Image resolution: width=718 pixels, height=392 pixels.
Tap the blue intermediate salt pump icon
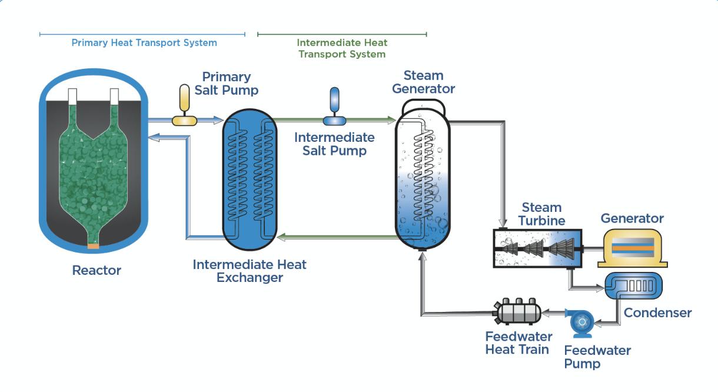tap(334, 107)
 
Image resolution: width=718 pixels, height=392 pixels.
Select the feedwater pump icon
tap(581, 323)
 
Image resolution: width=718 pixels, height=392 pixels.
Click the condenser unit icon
tap(633, 285)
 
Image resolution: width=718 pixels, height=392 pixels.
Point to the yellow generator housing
tap(633, 248)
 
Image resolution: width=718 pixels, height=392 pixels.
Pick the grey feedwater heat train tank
tap(517, 311)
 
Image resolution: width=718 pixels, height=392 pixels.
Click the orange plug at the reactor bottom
tap(93, 246)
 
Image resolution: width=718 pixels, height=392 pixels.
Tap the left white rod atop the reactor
tap(72, 97)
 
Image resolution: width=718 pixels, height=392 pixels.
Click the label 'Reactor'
tap(97, 270)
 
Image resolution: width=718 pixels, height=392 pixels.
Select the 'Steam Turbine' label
tap(541, 214)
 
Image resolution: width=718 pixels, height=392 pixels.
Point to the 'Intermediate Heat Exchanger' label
tap(250, 271)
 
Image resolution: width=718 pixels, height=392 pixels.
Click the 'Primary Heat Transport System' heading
tap(144, 42)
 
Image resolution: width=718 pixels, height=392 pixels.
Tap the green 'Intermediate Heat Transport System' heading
tap(342, 48)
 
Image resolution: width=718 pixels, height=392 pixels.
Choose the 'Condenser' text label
tap(658, 313)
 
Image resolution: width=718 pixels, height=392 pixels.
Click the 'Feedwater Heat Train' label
tap(518, 343)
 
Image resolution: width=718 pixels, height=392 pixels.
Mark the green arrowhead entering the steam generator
tap(391, 120)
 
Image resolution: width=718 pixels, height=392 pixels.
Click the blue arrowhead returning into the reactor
tap(154, 138)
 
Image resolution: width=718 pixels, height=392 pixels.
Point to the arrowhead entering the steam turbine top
tap(503, 222)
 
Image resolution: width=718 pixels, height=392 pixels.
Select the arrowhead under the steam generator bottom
tap(423, 256)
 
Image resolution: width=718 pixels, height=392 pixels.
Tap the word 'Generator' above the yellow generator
tap(632, 218)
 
